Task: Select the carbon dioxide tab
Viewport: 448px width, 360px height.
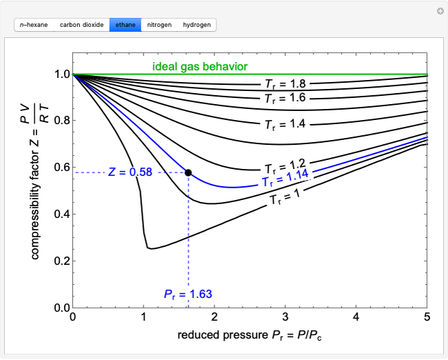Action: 81,25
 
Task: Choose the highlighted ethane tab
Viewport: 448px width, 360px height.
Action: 125,25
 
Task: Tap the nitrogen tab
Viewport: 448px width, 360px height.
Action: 159,25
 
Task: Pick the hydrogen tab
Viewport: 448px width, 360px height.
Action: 197,25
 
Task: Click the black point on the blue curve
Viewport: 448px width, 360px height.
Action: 188,172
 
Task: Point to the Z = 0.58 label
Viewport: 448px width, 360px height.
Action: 130,172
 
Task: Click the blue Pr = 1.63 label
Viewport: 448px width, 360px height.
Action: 188,294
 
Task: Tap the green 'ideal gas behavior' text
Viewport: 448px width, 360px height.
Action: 200,67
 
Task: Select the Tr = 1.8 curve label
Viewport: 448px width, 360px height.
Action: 285,84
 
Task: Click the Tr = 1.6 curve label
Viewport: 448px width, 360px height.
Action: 285,98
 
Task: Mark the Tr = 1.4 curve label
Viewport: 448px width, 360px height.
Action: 285,124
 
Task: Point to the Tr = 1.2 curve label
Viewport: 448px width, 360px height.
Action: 285,166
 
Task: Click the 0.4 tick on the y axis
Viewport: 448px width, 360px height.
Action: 61,214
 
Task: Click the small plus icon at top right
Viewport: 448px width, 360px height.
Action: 439,11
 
